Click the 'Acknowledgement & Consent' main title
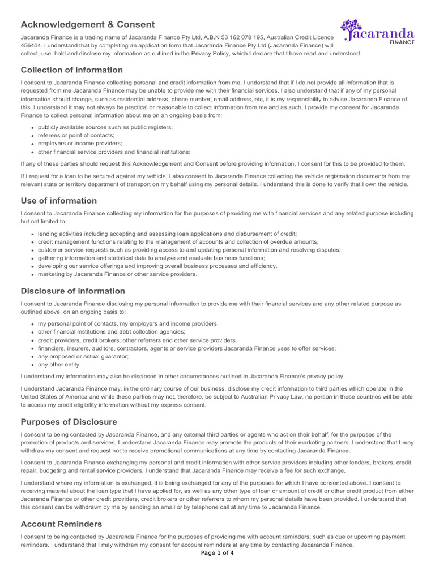click(x=88, y=24)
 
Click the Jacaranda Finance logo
click(x=377, y=33)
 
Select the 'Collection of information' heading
click(x=71, y=70)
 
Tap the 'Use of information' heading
click(x=58, y=201)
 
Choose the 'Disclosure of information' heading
click(x=72, y=291)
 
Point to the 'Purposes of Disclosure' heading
click(x=69, y=422)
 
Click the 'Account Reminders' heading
click(x=61, y=524)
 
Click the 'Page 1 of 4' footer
click(x=217, y=553)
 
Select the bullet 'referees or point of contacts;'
click(x=76, y=136)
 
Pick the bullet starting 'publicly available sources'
click(x=105, y=127)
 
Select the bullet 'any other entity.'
click(x=59, y=365)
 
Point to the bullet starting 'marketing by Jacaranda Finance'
click(x=117, y=274)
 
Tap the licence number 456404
click(x=32, y=45)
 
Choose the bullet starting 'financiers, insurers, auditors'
click(x=187, y=349)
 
